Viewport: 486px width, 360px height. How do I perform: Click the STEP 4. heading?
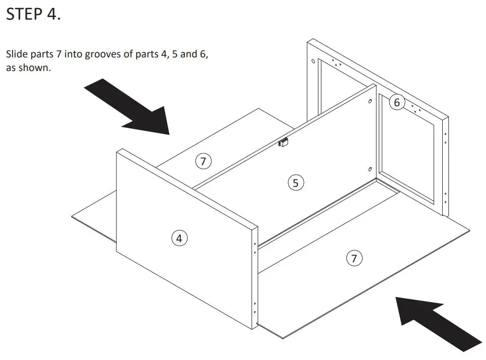tap(33, 14)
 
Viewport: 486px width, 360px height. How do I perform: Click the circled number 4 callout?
tap(179, 238)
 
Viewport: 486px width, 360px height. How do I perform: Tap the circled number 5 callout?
tap(296, 183)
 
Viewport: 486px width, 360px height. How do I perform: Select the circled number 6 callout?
tap(397, 103)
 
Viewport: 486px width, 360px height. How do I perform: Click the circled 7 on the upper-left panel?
tap(203, 162)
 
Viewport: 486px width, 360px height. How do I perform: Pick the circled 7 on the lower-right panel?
tap(354, 258)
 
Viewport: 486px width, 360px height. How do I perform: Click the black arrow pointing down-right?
tap(128, 107)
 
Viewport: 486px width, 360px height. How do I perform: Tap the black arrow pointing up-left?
tap(436, 322)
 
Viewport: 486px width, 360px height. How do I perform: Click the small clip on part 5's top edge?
tap(284, 142)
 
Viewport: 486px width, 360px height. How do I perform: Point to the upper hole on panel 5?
tap(370, 102)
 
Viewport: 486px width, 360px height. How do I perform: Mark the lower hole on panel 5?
tap(370, 169)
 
